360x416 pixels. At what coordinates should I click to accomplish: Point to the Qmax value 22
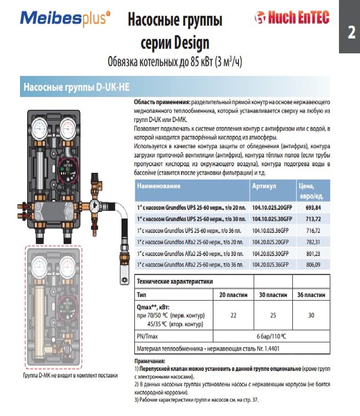click(234, 314)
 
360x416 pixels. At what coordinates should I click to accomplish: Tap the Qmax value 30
click(311, 314)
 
